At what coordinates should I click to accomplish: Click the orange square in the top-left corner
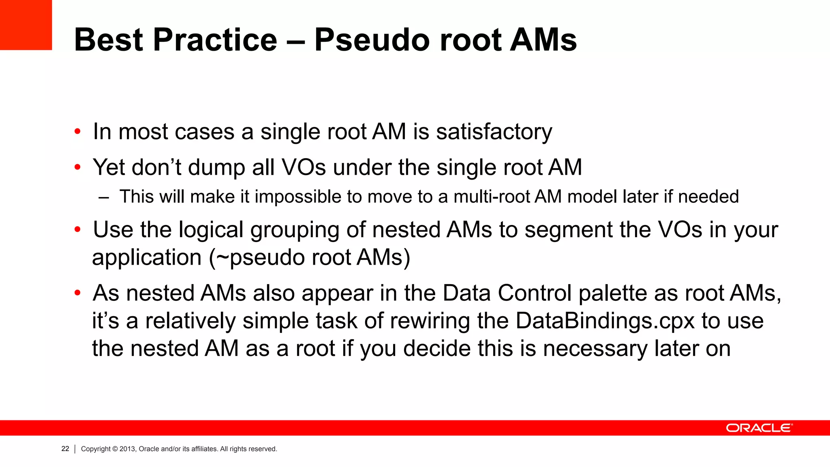coord(26,25)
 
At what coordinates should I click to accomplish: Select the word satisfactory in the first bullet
coord(494,132)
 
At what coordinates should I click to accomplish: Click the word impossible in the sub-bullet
coord(298,197)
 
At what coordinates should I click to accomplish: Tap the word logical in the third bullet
coord(211,230)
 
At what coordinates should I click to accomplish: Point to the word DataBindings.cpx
coord(605,321)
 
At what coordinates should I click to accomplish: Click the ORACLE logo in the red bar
coord(759,428)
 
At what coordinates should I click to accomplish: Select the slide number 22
coord(65,449)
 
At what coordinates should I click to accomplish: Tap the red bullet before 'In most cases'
coord(77,132)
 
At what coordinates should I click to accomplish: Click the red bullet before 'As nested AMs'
coord(77,293)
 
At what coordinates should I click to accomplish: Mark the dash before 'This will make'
coord(104,197)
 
